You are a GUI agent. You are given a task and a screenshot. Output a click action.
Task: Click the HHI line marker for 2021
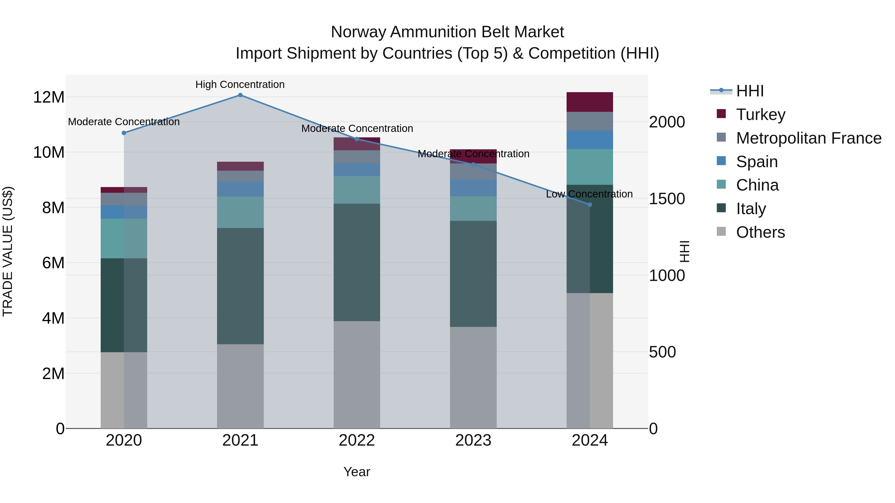pyautogui.click(x=240, y=95)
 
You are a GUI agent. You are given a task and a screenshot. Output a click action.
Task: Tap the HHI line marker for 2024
pyautogui.click(x=590, y=205)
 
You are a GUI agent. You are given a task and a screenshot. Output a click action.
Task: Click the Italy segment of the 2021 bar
pyautogui.click(x=240, y=286)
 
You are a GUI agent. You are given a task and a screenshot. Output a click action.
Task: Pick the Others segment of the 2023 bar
pyautogui.click(x=473, y=377)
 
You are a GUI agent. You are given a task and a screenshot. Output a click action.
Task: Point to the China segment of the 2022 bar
pyautogui.click(x=357, y=190)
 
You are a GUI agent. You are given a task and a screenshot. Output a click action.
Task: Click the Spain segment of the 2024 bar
pyautogui.click(x=590, y=140)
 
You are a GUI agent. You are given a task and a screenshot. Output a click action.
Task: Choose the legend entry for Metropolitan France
pyautogui.click(x=808, y=138)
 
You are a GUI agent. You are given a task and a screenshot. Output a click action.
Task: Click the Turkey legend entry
pyautogui.click(x=761, y=115)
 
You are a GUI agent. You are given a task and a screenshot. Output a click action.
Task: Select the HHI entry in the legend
pyautogui.click(x=750, y=91)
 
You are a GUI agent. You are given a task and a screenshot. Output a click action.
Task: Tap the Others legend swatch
pyautogui.click(x=721, y=232)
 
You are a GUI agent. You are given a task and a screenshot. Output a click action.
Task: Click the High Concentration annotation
pyautogui.click(x=240, y=84)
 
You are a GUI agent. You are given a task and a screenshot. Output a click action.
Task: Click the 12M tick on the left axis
pyautogui.click(x=49, y=97)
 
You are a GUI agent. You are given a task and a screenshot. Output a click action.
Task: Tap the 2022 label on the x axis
pyautogui.click(x=357, y=440)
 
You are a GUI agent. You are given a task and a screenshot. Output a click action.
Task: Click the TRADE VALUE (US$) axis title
pyautogui.click(x=8, y=251)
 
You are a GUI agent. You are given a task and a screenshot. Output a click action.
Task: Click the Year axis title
pyautogui.click(x=357, y=472)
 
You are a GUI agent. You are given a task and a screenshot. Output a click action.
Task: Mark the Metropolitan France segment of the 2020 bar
pyautogui.click(x=124, y=199)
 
